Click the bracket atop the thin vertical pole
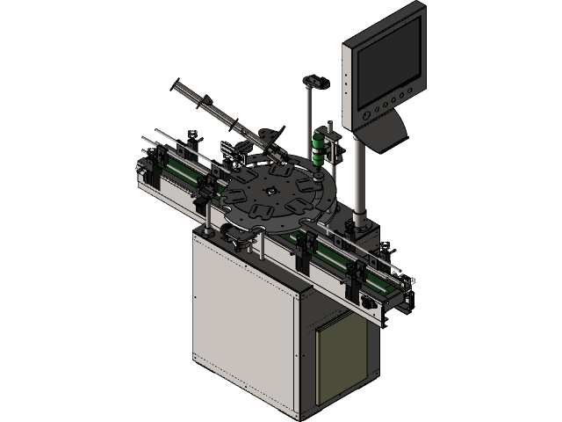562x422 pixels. [x=314, y=83]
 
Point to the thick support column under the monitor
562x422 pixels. [x=359, y=176]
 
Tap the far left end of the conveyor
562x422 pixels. [x=142, y=163]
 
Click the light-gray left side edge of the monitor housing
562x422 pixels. [x=348, y=79]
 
